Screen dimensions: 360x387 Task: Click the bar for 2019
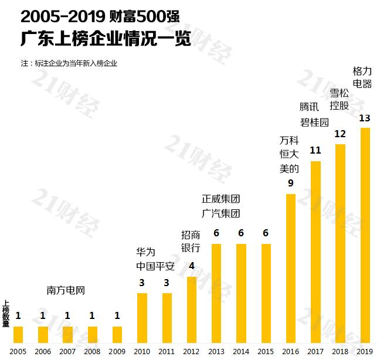(365, 235)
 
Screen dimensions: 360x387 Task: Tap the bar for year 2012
(191, 310)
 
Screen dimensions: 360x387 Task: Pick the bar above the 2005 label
(18, 334)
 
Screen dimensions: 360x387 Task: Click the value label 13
(365, 118)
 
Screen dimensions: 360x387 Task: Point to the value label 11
(315, 151)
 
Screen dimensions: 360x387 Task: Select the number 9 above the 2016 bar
(290, 184)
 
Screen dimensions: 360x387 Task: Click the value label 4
(191, 266)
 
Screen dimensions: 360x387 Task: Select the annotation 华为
(145, 252)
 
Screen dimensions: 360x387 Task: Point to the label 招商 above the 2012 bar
(191, 235)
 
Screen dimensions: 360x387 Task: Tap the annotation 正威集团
(221, 199)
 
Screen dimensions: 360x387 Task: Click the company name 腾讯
(309, 107)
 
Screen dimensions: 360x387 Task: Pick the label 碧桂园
(314, 122)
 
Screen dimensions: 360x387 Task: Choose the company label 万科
(290, 141)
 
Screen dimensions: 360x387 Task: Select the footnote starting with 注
(69, 63)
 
